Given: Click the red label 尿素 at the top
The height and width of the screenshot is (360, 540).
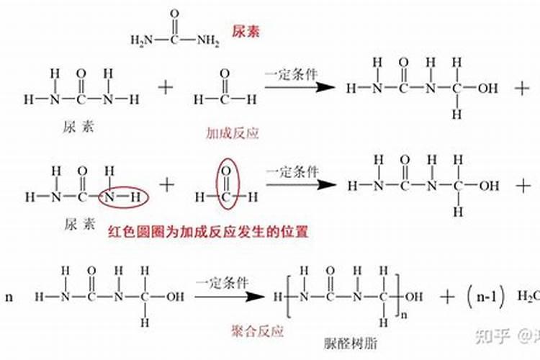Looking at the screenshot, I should coord(246,32).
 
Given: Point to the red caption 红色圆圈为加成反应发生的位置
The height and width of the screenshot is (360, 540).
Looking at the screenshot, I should coord(208,232).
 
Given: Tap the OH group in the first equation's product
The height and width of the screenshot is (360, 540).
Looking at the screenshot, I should coord(488,89).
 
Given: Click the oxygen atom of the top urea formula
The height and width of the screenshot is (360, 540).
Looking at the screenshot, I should coord(175,14).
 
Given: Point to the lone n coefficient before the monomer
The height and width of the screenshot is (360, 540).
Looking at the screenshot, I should coord(9,297).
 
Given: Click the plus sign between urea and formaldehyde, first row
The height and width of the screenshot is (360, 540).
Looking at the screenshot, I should coord(166,88).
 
